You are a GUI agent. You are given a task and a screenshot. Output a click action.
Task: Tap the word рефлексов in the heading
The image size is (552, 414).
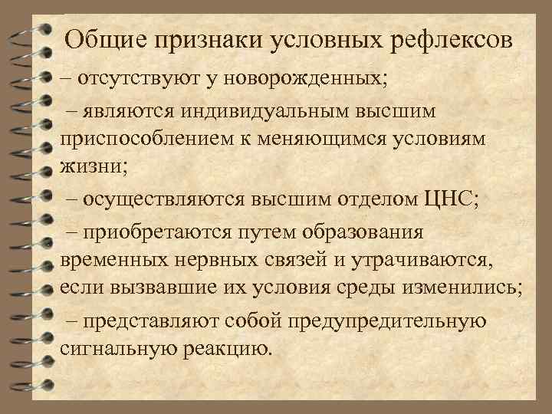pos(449,38)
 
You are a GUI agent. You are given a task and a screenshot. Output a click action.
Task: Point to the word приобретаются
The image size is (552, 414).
pos(153,232)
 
